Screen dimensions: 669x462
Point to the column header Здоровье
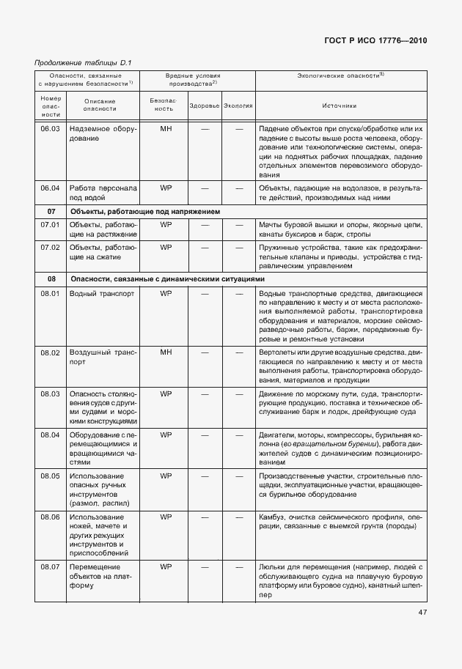[205, 106]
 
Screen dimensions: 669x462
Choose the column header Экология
[238, 106]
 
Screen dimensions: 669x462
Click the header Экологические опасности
[340, 75]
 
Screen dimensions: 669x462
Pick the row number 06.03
[50, 129]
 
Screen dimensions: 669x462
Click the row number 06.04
[50, 188]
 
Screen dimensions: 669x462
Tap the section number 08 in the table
[51, 279]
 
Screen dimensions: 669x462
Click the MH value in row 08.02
[166, 352]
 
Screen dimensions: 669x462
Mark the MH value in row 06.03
[166, 129]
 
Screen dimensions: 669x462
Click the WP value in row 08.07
[166, 566]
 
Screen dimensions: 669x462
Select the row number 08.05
[50, 476]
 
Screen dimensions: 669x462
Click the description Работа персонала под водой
[102, 192]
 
